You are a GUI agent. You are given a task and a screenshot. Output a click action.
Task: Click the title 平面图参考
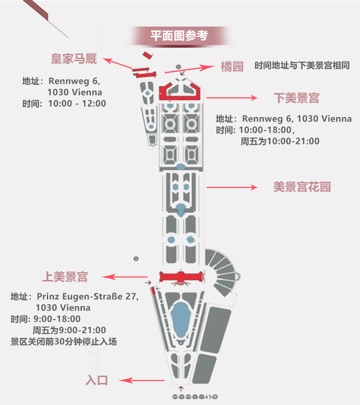tap(180, 36)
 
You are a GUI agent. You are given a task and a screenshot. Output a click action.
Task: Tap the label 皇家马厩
tap(73, 59)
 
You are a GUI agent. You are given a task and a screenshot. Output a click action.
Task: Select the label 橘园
tap(232, 67)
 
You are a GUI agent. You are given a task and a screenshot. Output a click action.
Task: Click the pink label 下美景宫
tap(296, 98)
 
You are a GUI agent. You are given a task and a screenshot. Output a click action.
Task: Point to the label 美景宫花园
tap(302, 187)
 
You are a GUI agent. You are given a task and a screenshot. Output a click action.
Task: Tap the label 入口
tap(97, 380)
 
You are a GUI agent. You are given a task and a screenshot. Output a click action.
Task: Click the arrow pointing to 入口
tap(143, 381)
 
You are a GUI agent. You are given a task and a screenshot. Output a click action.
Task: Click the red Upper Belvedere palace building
tap(181, 277)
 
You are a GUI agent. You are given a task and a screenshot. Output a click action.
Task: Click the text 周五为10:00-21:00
tap(280, 141)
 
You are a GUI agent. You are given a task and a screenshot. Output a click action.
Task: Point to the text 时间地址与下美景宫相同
tap(302, 66)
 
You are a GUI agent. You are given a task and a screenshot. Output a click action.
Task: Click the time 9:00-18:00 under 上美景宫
tap(57, 319)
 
